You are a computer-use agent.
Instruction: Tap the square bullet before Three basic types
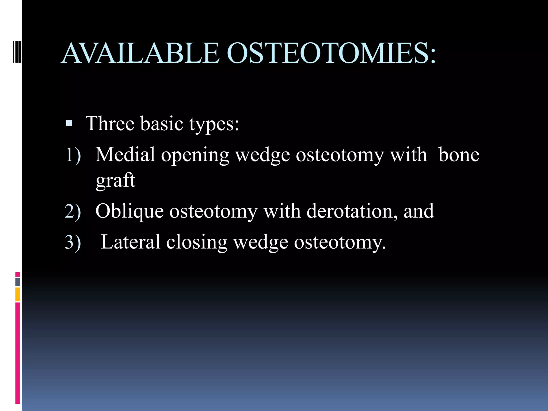(x=69, y=123)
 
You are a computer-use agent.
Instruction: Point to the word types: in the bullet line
(x=214, y=125)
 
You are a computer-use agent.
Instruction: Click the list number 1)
(x=73, y=155)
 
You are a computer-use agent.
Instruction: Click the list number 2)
(x=73, y=212)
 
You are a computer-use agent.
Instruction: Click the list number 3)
(x=73, y=242)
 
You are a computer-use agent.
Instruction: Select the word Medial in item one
(x=125, y=155)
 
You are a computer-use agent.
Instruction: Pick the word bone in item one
(x=459, y=155)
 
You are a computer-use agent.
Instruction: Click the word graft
(x=116, y=181)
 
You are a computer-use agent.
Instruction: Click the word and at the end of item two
(x=418, y=211)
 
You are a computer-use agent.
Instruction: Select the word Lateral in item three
(x=130, y=242)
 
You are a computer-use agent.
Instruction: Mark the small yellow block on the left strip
(x=18, y=294)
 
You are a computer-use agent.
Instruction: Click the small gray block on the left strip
(x=18, y=282)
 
